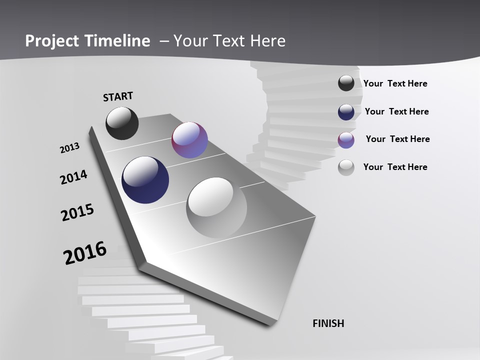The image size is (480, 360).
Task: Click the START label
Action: [118, 96]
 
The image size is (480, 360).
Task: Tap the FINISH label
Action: [328, 323]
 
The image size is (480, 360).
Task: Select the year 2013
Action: [69, 148]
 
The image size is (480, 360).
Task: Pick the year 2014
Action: [73, 177]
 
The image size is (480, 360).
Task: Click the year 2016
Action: [85, 253]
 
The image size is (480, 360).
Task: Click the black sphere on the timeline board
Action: [122, 123]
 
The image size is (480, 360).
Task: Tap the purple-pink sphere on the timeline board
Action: [189, 140]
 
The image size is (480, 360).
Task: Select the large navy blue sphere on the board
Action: [145, 180]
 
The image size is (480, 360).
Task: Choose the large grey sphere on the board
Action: [216, 207]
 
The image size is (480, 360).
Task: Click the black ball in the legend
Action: [346, 83]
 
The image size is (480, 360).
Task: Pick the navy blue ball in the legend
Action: [346, 112]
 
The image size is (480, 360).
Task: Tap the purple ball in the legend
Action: [346, 140]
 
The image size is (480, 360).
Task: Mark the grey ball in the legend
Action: [346, 167]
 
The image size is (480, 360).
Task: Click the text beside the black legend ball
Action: [395, 83]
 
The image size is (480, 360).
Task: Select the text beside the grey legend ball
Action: [395, 167]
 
